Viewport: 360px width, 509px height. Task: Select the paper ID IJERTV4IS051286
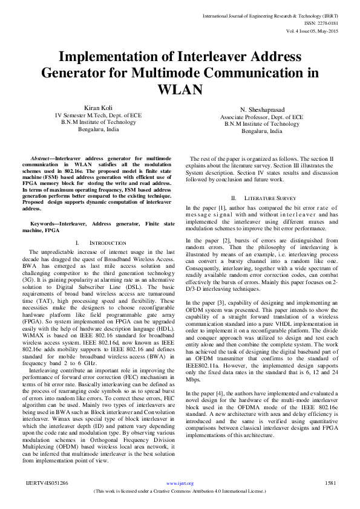tap(47, 484)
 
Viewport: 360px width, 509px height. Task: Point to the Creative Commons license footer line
tap(180, 491)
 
